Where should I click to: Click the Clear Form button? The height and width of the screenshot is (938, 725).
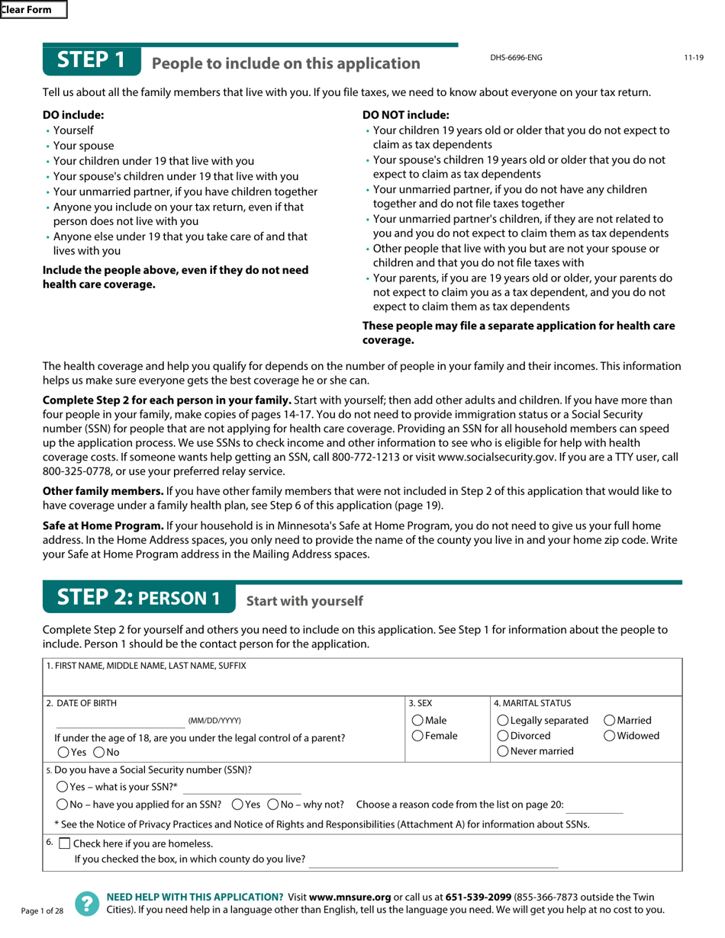point(33,10)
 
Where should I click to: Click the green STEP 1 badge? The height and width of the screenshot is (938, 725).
point(92,60)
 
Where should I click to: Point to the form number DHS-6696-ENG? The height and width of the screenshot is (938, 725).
point(516,58)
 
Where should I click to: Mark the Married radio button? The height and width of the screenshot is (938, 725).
point(610,721)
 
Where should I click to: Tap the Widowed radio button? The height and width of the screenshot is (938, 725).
point(610,736)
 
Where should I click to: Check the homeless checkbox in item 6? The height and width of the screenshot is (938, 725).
point(64,843)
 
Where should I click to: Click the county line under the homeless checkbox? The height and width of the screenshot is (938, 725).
point(433,863)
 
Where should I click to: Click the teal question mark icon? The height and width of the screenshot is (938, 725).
point(87,904)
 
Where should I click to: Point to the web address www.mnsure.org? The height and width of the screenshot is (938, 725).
point(350,897)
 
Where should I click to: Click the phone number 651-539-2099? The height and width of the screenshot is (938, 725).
point(477,897)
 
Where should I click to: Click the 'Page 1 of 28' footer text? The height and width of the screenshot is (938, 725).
point(43,911)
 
